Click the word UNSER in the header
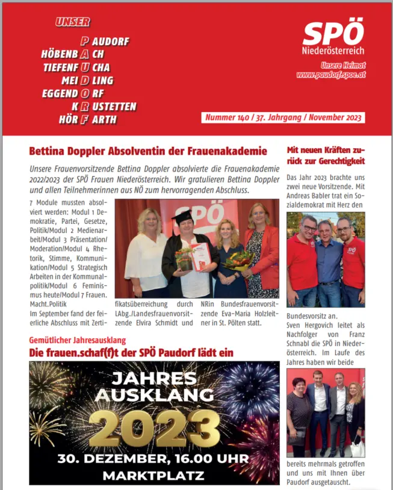click(x=73, y=22)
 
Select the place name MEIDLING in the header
click(x=87, y=81)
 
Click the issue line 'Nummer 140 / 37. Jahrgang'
click(x=283, y=117)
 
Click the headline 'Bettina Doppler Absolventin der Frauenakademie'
click(x=147, y=151)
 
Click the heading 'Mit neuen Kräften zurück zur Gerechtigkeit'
click(x=326, y=155)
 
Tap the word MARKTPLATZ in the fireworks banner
click(x=153, y=476)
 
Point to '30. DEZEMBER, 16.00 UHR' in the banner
click(x=153, y=459)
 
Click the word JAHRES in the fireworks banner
click(x=153, y=379)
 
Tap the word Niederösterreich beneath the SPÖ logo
click(x=333, y=50)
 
